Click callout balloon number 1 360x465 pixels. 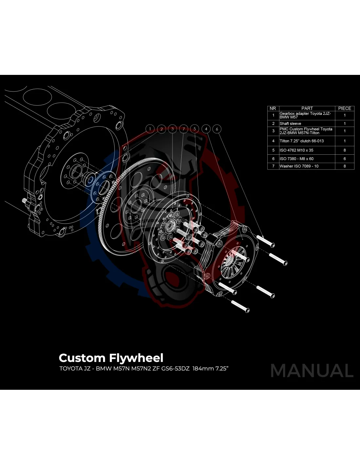tap(150, 129)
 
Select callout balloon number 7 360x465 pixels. tap(184, 129)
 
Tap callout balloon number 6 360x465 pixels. tap(217, 129)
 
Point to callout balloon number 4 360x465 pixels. tap(206, 129)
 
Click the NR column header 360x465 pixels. tap(273, 108)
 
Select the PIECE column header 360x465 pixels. tap(344, 108)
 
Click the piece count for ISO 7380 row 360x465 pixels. tap(344, 159)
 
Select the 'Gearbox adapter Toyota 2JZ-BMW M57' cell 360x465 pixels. tap(306, 115)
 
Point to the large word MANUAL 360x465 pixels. tap(312, 371)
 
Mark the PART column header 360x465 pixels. tap(307, 108)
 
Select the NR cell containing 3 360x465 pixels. tap(273, 131)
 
